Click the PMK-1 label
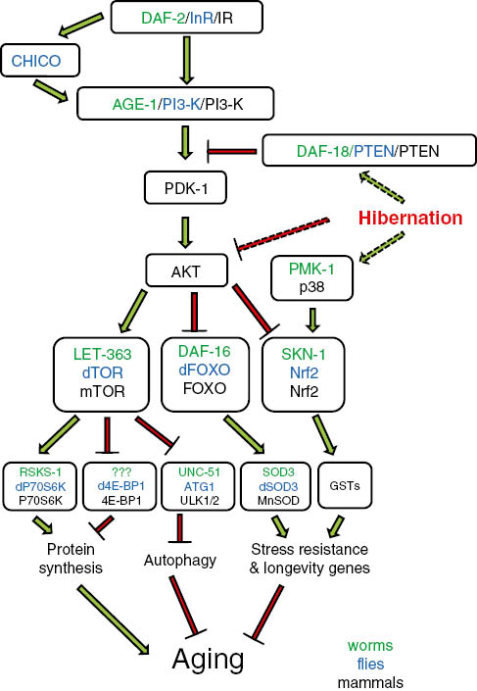pos(310,267)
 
